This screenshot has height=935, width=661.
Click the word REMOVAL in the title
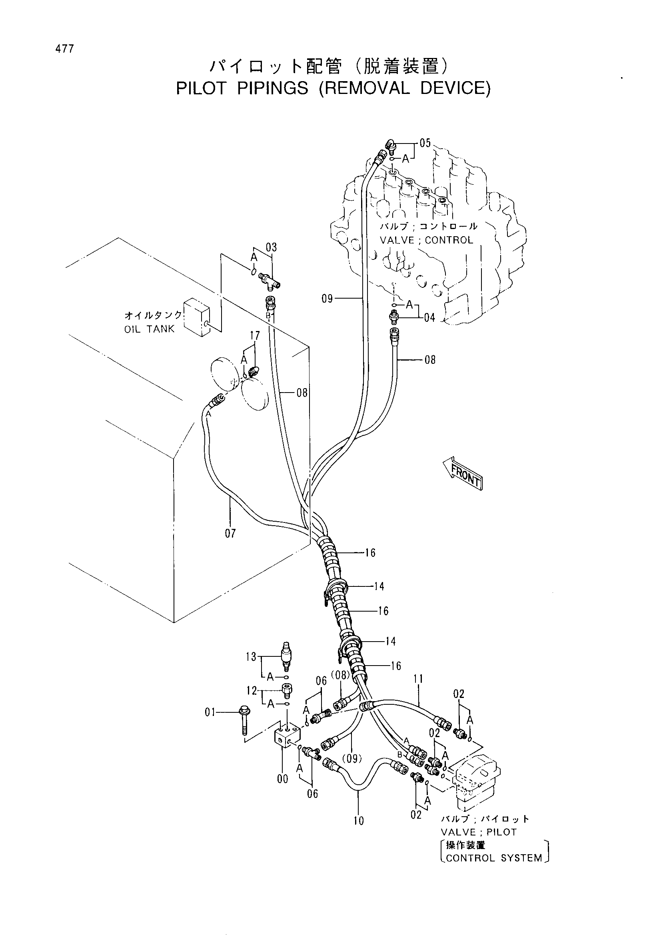click(364, 88)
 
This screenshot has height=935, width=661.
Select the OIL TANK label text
click(149, 329)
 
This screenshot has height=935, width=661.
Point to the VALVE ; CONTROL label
click(426, 240)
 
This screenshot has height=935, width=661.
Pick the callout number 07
click(230, 533)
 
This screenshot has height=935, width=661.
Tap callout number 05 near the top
click(425, 143)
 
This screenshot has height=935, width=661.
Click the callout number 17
click(255, 336)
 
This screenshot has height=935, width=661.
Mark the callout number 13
click(251, 656)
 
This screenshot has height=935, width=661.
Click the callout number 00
click(282, 779)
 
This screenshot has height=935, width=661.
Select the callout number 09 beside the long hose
click(327, 299)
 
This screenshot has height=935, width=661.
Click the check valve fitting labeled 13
click(286, 655)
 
